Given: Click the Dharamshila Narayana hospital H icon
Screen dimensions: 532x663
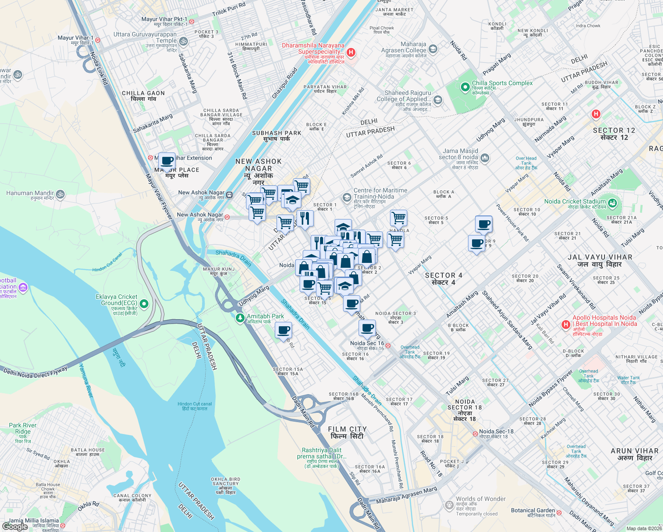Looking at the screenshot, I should coord(351,53).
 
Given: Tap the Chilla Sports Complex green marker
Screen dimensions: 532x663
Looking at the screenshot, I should coord(465,87).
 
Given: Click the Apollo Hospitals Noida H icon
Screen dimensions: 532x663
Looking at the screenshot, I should coord(565,325).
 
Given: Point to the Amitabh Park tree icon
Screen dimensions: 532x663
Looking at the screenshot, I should coord(240,318).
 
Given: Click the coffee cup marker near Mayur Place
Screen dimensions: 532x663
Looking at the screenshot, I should coord(167,161).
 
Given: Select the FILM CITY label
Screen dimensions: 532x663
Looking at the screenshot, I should coord(347,432).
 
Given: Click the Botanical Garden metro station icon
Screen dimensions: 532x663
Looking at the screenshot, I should coord(559,512).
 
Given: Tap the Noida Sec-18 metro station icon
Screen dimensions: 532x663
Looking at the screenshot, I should coord(475,433).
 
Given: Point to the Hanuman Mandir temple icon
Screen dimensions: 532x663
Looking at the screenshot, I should coord(60,194).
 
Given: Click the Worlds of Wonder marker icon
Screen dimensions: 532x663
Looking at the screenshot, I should coord(449,505).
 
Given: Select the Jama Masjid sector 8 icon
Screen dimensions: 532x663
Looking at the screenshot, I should coord(485,157).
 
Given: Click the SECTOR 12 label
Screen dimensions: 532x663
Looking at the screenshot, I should coord(614,133).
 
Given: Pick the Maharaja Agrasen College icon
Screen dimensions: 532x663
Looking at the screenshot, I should coord(433,49).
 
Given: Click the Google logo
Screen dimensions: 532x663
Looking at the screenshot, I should coord(15,526).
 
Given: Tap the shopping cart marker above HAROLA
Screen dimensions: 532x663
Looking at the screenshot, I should coord(398,218).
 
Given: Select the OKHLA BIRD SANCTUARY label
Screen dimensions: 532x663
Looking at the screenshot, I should coord(226,485).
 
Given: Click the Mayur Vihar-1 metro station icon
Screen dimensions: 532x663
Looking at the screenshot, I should coord(97,40).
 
